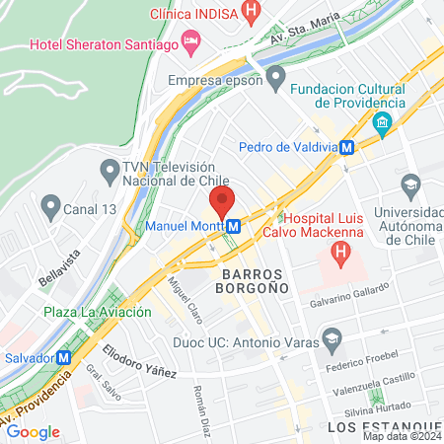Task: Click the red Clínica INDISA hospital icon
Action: point(252,15)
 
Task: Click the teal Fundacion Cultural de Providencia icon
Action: point(382,123)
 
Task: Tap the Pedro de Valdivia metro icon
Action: point(346,148)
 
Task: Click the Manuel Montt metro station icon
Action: point(234,226)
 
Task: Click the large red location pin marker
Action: point(221,203)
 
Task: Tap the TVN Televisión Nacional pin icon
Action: point(109,170)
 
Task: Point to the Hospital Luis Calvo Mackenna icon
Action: point(340,256)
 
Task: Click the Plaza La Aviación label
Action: point(98,312)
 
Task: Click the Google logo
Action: point(34,431)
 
